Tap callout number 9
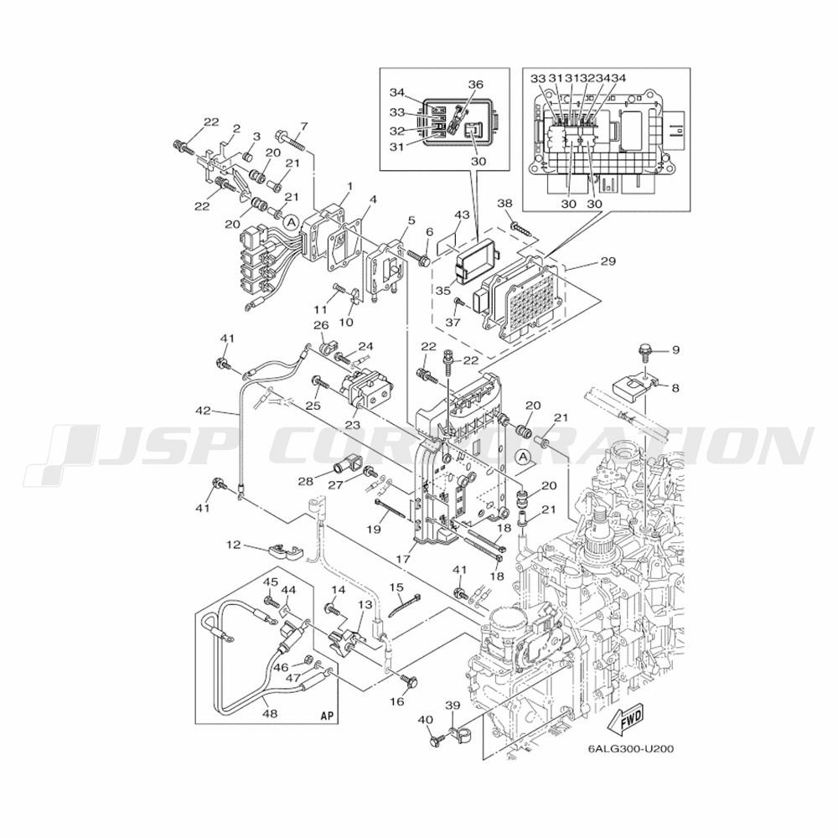(x=675, y=349)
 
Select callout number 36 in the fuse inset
(x=475, y=85)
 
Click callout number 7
(x=303, y=127)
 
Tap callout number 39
(x=453, y=706)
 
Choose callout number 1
(x=349, y=186)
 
